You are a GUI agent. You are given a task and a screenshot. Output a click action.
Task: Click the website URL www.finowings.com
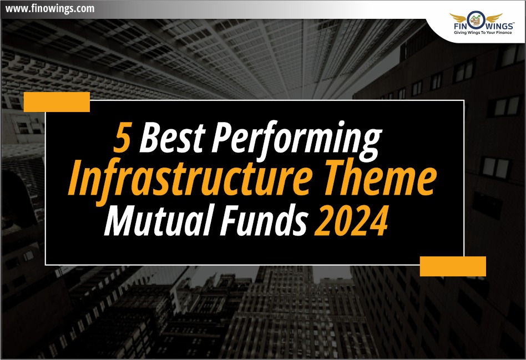50,8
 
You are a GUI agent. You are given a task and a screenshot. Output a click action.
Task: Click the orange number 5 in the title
122,137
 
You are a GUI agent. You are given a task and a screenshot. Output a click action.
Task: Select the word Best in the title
172,136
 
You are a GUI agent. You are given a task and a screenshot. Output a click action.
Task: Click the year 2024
351,220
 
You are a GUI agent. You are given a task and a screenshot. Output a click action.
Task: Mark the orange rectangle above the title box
57,102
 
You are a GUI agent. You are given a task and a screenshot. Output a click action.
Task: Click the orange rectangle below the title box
453,266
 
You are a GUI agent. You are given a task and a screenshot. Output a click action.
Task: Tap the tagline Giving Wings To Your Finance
483,33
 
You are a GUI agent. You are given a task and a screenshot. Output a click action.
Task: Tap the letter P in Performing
223,137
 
